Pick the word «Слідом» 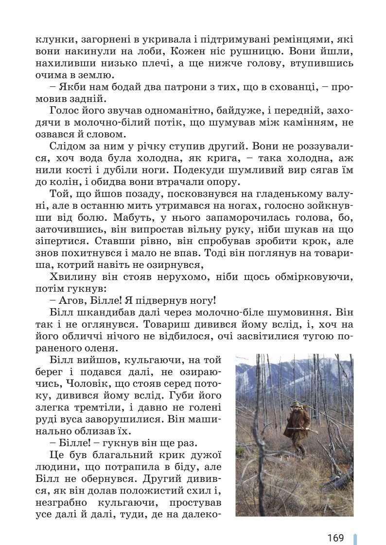pyautogui.click(x=66, y=147)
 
